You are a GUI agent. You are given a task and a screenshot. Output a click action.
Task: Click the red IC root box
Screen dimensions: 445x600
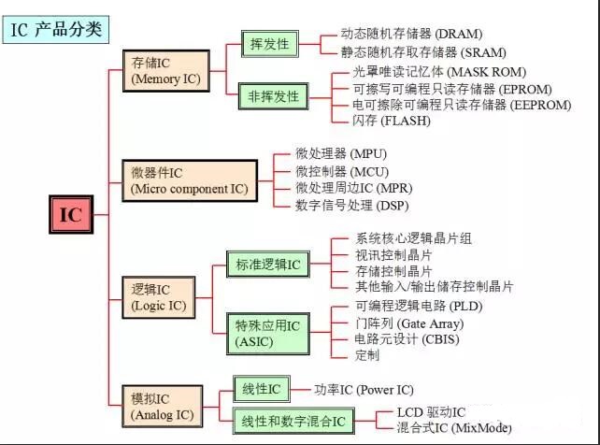click(71, 215)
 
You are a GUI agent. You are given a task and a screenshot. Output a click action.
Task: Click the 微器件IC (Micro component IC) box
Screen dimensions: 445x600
click(190, 181)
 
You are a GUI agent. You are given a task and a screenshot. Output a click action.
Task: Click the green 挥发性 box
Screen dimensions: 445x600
click(266, 44)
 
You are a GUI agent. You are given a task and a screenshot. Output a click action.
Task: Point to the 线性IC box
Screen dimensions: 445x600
click(260, 389)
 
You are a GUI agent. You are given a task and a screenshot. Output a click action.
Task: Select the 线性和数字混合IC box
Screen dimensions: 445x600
click(292, 422)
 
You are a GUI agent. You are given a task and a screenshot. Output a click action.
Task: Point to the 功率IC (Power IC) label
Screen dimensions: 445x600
click(364, 389)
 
